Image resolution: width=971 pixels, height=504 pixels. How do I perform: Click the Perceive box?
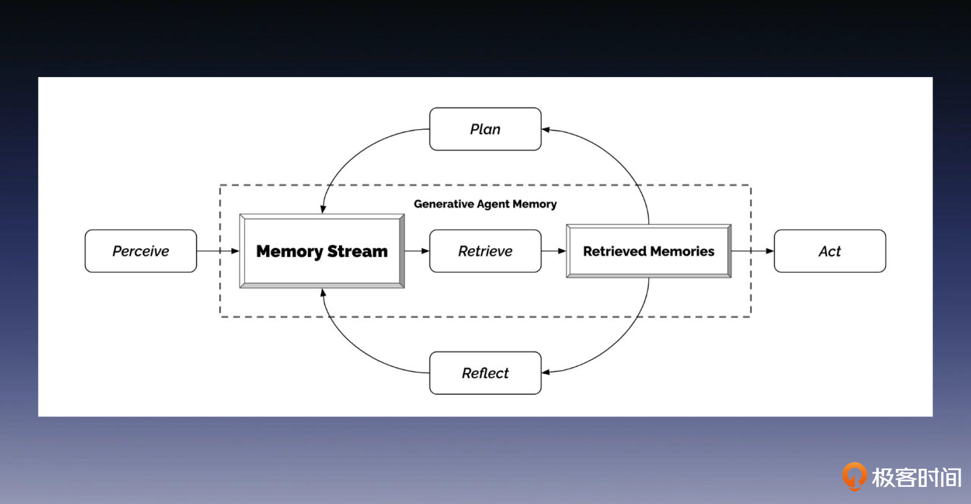140,251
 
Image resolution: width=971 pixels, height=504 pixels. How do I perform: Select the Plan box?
485,129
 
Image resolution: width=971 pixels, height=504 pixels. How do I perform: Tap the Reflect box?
485,373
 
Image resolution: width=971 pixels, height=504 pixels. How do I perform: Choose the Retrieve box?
485,251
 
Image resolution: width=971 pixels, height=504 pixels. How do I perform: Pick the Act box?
830,251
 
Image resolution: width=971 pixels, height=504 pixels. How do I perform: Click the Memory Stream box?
322,251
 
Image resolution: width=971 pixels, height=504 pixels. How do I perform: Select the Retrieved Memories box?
649,251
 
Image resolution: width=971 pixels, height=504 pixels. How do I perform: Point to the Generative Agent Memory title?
485,204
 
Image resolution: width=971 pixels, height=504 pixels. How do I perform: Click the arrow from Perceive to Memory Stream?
217,251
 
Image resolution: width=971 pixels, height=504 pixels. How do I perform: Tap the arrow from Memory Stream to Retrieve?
417,251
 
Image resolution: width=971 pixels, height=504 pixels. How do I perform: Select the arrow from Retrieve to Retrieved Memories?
553,251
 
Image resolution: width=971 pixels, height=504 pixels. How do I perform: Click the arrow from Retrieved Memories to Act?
752,251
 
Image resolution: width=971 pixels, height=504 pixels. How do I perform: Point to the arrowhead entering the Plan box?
546,130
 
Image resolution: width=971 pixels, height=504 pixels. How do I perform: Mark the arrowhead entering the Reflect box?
546,372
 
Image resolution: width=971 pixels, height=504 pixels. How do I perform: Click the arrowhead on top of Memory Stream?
323,209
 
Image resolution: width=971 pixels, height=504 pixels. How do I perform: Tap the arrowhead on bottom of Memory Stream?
323,293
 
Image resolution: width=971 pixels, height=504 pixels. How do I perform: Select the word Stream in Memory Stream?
357,251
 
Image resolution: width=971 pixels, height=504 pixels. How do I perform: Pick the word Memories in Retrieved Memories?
682,251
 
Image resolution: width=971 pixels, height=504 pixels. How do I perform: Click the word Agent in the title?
493,204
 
